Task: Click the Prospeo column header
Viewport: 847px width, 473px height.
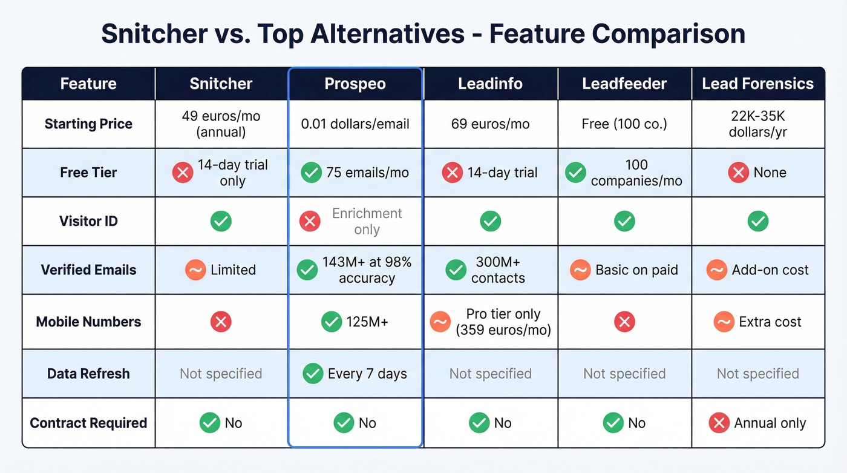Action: pyautogui.click(x=355, y=84)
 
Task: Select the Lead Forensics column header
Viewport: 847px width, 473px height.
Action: pyautogui.click(x=757, y=84)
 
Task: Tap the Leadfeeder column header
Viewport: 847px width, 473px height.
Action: pyautogui.click(x=624, y=84)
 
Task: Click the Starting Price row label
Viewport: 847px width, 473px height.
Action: pyautogui.click(x=88, y=124)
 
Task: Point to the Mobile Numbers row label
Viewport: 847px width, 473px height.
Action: pyautogui.click(x=88, y=322)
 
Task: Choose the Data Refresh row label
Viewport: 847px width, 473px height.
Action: pyautogui.click(x=88, y=374)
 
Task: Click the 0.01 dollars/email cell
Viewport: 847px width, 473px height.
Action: pyautogui.click(x=355, y=124)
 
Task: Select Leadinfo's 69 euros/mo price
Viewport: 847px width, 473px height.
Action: pyautogui.click(x=490, y=124)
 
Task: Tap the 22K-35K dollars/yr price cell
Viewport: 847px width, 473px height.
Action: pyautogui.click(x=757, y=124)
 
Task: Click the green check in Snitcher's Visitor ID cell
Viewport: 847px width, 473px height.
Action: pyautogui.click(x=221, y=222)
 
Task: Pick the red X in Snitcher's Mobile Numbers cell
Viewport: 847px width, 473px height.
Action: pyautogui.click(x=221, y=322)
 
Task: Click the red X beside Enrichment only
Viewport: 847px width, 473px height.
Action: pyautogui.click(x=310, y=222)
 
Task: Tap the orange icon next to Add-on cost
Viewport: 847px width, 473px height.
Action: pyautogui.click(x=716, y=270)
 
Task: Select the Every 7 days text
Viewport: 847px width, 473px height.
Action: pyautogui.click(x=367, y=374)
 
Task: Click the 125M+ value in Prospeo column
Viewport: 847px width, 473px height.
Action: pyautogui.click(x=367, y=322)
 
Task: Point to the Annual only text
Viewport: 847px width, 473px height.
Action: pyautogui.click(x=770, y=423)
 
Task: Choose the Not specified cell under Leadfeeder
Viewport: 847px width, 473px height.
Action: pyautogui.click(x=624, y=374)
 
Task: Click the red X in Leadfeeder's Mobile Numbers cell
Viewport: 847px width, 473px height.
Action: pyautogui.click(x=624, y=322)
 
